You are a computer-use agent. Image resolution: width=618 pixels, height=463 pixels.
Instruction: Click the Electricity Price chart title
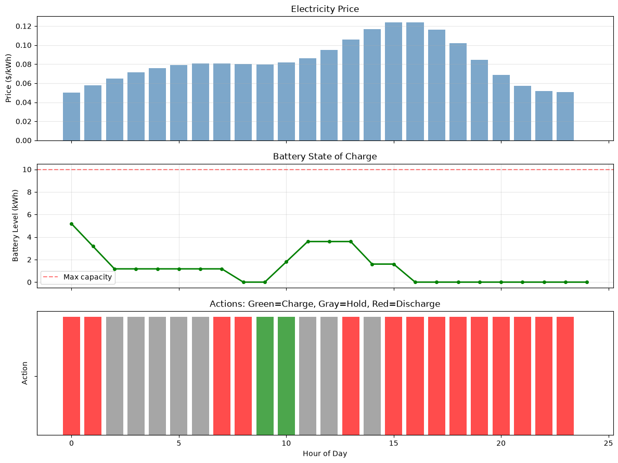click(325, 9)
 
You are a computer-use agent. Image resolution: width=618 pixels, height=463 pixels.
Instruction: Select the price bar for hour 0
click(71, 117)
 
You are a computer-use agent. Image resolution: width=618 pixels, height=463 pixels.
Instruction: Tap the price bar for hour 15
click(393, 82)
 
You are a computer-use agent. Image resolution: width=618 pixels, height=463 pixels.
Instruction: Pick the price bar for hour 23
click(565, 116)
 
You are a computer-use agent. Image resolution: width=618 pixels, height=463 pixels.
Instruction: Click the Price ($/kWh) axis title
click(9, 78)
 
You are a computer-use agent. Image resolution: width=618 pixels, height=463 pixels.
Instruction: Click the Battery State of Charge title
click(325, 157)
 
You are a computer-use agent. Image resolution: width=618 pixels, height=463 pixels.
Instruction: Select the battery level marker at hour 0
click(71, 224)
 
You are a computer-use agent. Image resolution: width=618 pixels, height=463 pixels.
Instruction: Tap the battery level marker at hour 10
click(286, 262)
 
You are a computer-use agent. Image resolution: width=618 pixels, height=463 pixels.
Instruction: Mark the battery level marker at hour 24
click(587, 282)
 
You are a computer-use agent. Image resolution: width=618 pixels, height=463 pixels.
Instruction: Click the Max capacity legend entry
click(78, 277)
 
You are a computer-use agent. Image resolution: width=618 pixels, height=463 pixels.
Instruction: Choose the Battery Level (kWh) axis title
click(16, 226)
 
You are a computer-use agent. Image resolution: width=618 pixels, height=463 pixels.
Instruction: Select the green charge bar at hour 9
click(265, 376)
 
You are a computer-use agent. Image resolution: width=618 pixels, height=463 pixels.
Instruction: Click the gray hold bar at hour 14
click(372, 376)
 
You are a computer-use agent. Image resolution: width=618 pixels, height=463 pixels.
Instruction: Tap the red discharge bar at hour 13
click(351, 376)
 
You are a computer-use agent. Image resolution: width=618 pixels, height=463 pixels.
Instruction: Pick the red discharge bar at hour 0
click(71, 376)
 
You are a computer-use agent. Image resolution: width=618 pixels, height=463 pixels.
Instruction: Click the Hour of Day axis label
click(325, 454)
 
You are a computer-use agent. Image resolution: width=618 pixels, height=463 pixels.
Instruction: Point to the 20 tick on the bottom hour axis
click(501, 443)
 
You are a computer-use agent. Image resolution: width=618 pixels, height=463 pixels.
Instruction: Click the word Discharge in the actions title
click(418, 304)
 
